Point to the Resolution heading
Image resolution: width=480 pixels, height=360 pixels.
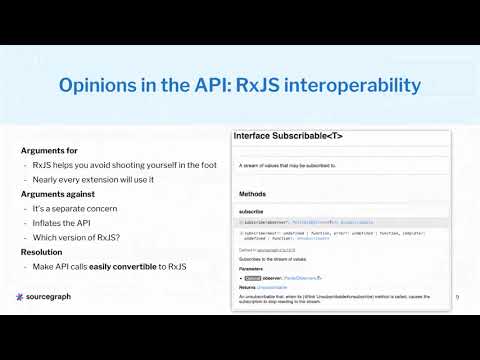tap(44, 253)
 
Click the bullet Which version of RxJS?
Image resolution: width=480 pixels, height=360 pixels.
tap(75, 238)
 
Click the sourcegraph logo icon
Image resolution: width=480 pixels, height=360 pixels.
tap(22, 298)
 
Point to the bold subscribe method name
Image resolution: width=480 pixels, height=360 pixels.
tap(250, 212)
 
